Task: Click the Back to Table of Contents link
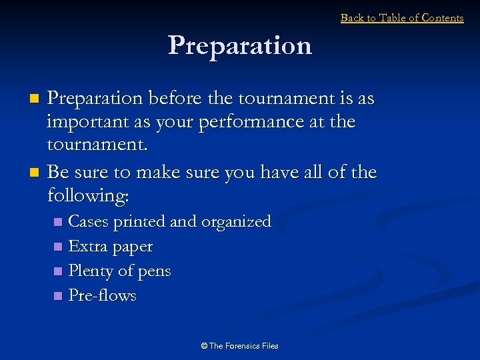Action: (x=401, y=18)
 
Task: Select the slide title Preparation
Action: (x=240, y=45)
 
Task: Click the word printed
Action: (x=140, y=221)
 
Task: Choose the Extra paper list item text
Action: (x=111, y=247)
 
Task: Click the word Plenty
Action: (x=91, y=271)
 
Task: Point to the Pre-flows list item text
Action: (x=102, y=296)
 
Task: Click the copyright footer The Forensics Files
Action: (x=239, y=345)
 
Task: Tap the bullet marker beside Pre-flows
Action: (x=57, y=296)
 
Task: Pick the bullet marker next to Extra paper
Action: (x=57, y=247)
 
